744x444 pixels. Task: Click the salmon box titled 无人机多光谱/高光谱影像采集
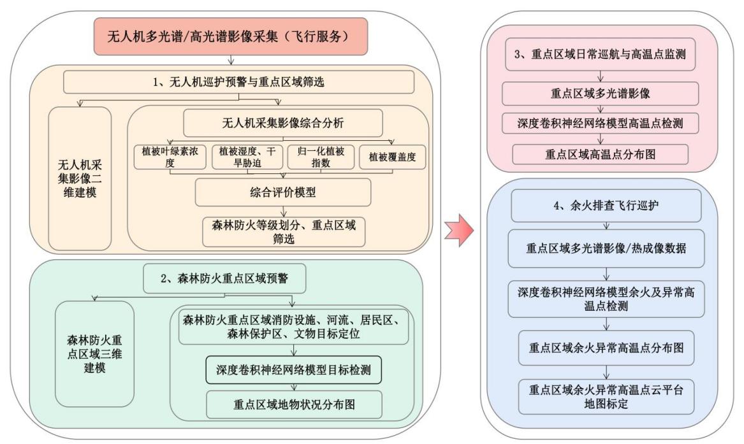pos(231,36)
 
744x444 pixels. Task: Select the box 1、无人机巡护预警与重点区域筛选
pos(238,82)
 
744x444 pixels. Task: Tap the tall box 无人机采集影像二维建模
pos(80,178)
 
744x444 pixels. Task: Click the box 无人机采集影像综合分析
pos(283,123)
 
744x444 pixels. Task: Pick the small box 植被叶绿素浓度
pos(170,157)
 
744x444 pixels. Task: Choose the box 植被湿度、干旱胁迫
pos(247,157)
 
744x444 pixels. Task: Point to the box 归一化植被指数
pos(321,157)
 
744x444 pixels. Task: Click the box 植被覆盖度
pos(392,157)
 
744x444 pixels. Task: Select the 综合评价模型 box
pos(283,192)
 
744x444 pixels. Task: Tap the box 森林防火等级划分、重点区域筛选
pos(284,232)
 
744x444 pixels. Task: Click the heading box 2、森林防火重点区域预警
pos(224,278)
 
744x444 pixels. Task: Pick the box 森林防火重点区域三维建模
pos(94,354)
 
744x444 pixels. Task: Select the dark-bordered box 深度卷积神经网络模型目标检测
pos(293,369)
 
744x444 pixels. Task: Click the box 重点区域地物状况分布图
pos(294,405)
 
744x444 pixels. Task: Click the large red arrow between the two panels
pos(459,231)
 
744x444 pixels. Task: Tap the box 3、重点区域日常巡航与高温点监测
pos(600,55)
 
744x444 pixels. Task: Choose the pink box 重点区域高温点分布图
pos(600,154)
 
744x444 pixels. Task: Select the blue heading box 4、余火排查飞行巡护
pos(606,206)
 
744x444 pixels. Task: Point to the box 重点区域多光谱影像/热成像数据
pos(606,248)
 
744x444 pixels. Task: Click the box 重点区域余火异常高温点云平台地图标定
pos(606,397)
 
